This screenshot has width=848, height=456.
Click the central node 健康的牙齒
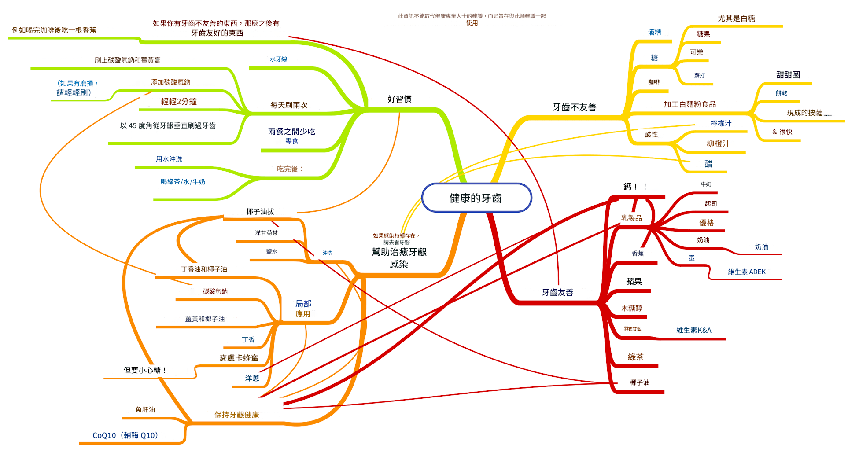[476, 198]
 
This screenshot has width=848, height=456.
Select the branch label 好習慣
[399, 99]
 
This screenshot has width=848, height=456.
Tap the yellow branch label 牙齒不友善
[574, 107]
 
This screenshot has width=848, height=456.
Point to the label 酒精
[654, 33]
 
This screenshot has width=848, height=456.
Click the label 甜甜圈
[788, 75]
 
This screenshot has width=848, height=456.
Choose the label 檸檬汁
[721, 124]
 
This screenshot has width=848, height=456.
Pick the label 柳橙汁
[718, 144]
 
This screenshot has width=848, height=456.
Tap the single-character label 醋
[708, 164]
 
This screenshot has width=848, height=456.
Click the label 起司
[711, 204]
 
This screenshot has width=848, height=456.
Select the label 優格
[706, 223]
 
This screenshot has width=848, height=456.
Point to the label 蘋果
[634, 282]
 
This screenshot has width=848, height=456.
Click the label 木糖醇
[631, 309]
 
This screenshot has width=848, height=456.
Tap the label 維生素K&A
[693, 330]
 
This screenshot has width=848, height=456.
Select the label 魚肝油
[145, 410]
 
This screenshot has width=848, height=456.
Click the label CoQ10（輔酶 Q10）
[125, 435]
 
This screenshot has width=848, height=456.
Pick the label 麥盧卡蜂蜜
[239, 358]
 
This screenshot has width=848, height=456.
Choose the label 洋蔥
[252, 378]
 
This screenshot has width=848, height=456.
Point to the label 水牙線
[278, 59]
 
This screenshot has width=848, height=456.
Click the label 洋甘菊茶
[266, 233]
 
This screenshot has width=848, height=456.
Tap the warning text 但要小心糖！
[145, 370]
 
